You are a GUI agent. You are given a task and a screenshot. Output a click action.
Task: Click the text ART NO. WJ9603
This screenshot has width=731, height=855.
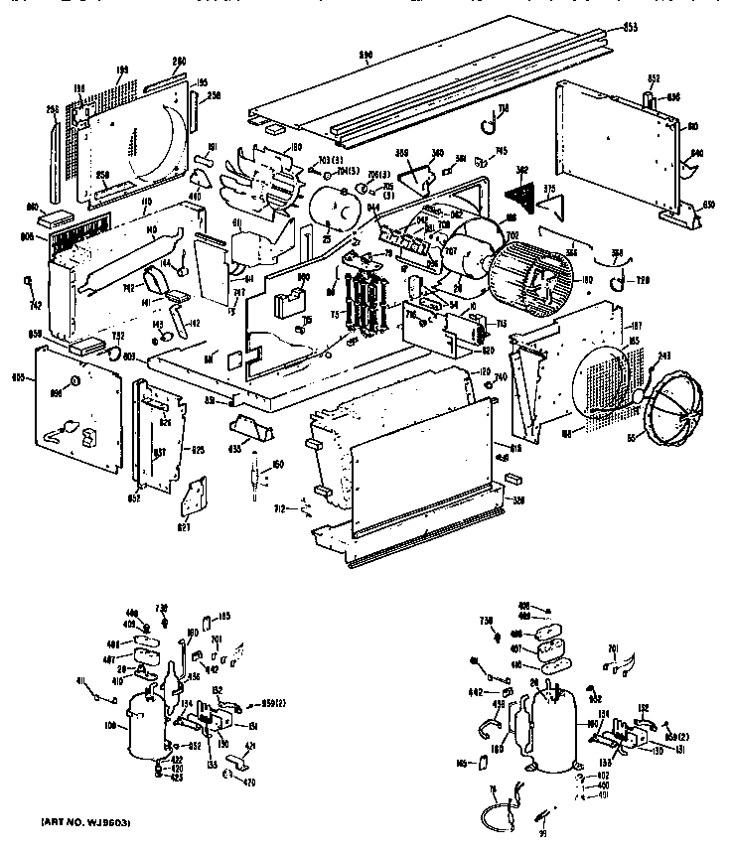[x=86, y=824]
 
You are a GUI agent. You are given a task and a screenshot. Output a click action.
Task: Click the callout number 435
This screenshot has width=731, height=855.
[x=235, y=449]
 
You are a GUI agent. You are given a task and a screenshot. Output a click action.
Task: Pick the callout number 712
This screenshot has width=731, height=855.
[x=281, y=508]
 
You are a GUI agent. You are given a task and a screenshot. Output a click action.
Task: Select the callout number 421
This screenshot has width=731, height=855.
[x=250, y=746]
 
